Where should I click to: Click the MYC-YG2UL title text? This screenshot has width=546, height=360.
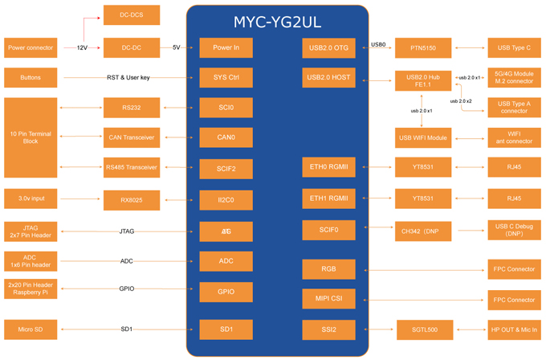point(278,22)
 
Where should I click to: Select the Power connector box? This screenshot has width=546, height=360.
point(31,47)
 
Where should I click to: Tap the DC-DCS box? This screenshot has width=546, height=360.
point(132,14)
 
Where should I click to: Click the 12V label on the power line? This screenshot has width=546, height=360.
point(82,47)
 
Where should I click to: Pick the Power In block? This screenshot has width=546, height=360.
point(226,47)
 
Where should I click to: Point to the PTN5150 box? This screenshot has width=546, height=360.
point(422,47)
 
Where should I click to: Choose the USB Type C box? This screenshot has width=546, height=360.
point(514,47)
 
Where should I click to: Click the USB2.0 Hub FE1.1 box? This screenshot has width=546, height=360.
point(422,80)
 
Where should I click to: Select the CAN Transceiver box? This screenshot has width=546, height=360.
point(132,137)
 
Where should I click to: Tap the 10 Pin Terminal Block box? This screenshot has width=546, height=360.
point(31,137)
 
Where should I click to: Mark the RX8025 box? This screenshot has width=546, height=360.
point(132,200)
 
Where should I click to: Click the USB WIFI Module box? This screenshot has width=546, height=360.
point(422,137)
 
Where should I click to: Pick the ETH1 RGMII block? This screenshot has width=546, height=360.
point(329,198)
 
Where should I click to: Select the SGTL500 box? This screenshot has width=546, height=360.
point(425,329)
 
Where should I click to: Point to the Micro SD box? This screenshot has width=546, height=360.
point(31,329)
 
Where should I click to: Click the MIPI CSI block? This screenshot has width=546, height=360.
point(329,299)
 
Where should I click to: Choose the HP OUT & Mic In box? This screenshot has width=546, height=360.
point(514,329)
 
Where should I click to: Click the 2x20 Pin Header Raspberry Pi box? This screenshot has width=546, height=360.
point(31,288)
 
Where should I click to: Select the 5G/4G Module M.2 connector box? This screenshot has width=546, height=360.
point(514,78)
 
